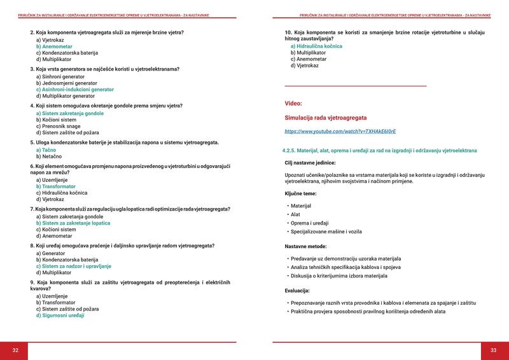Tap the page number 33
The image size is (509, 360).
pyautogui.click(x=493, y=350)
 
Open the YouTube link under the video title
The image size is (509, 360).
pyautogui.click(x=340, y=131)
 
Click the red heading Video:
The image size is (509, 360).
pyautogui.click(x=293, y=103)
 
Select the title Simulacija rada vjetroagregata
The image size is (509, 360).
pyautogui.click(x=325, y=118)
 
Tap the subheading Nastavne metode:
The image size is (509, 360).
pyautogui.click(x=305, y=246)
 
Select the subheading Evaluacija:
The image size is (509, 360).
pyautogui.click(x=297, y=290)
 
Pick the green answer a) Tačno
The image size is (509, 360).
pyautogui.click(x=46, y=149)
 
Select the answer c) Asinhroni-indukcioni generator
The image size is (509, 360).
pyautogui.click(x=74, y=90)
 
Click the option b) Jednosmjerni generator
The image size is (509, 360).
pyautogui.click(x=66, y=83)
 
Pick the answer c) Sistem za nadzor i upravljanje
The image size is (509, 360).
pyautogui.click(x=73, y=266)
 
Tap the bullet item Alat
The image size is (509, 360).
pyautogui.click(x=296, y=215)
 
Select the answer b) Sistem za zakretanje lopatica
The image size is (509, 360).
pyautogui.click(x=73, y=223)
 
